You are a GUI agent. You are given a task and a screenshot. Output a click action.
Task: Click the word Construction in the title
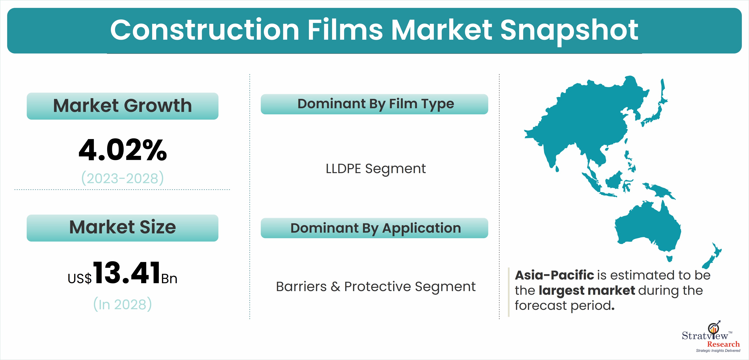point(205,30)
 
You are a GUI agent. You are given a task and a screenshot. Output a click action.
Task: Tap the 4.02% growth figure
point(123,150)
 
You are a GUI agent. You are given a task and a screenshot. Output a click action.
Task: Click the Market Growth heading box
point(122,106)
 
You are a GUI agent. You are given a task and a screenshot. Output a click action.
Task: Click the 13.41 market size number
point(127,273)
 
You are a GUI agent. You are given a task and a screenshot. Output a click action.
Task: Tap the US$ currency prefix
point(79,279)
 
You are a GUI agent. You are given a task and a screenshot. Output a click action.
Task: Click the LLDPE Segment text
point(376,169)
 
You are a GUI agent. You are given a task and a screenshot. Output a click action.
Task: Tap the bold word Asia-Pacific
point(554,275)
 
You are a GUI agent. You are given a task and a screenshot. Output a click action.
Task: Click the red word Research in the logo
point(723,344)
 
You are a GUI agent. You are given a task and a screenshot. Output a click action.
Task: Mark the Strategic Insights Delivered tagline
point(718,351)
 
